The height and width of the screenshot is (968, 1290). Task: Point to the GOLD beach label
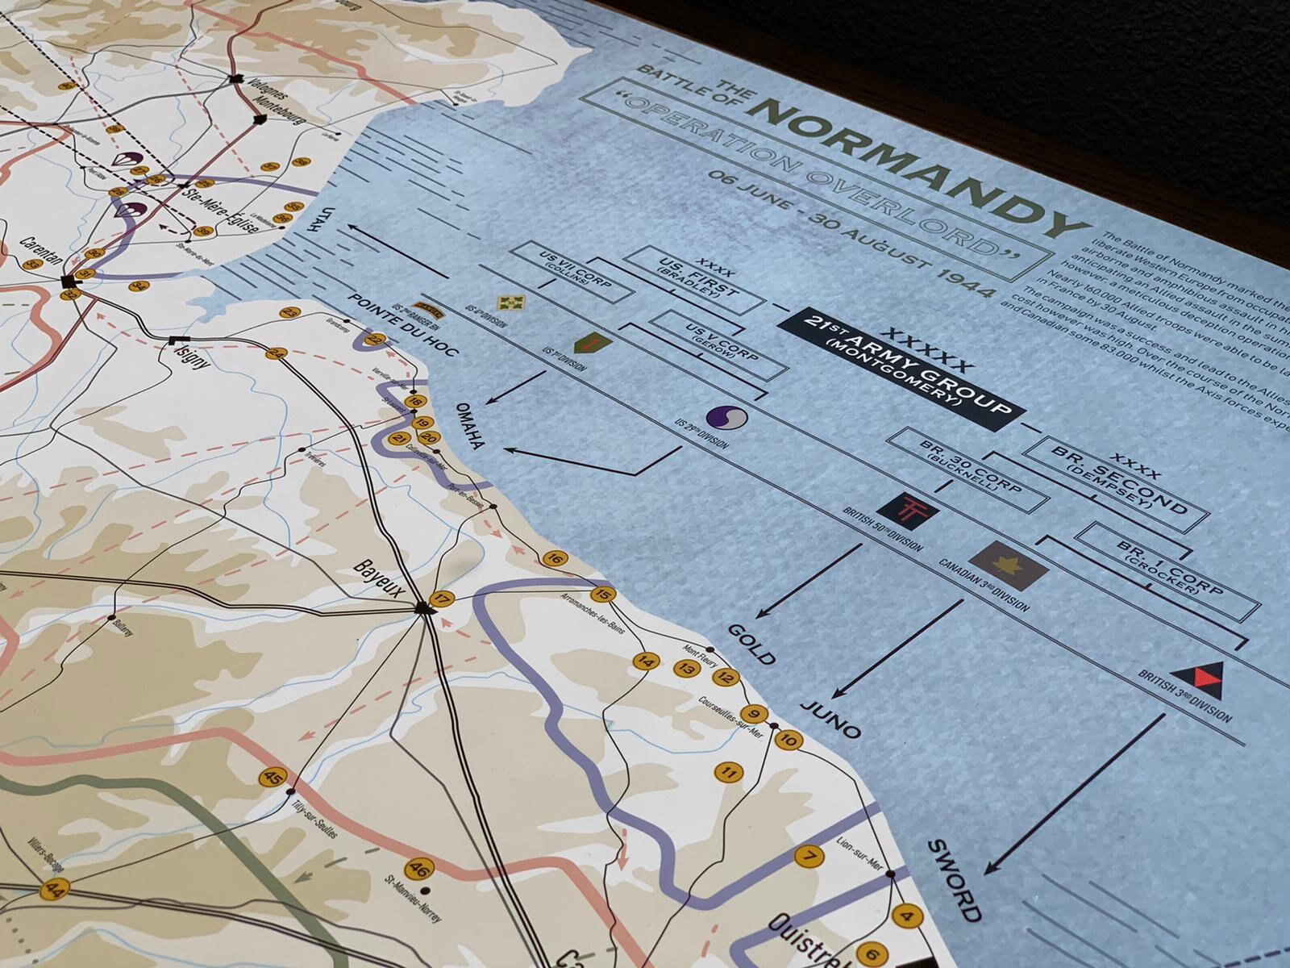(x=752, y=643)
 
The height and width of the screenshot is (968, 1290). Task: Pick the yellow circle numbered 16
(x=554, y=558)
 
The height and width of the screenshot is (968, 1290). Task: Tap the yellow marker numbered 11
(x=729, y=773)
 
